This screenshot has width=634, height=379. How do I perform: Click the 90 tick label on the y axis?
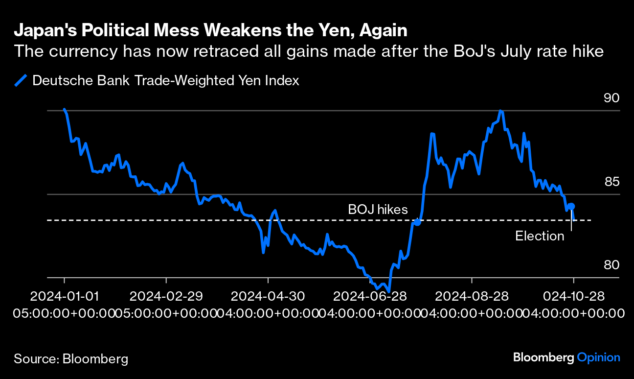coord(611,98)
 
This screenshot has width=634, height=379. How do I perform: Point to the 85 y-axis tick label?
coord(611,182)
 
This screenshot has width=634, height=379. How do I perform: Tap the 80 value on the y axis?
coord(611,265)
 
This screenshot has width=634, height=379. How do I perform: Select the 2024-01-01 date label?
coord(64,297)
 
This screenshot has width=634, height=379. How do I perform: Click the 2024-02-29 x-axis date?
coord(166,297)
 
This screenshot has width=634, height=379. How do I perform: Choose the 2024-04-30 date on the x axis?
coord(268,297)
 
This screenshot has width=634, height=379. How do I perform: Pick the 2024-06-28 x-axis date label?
coord(370,297)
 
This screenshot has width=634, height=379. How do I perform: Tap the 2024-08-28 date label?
coord(472,297)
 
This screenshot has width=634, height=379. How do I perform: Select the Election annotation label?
coord(540,236)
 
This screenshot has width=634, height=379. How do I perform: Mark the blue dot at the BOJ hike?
coord(417,222)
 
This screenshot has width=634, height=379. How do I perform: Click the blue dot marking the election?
coord(571,207)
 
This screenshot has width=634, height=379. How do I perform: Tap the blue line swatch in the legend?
coord(21,80)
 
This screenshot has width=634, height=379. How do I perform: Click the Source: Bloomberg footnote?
coord(71,358)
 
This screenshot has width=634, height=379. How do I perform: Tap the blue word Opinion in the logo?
coord(598,357)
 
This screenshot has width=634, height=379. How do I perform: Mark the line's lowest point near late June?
coord(389,291)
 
